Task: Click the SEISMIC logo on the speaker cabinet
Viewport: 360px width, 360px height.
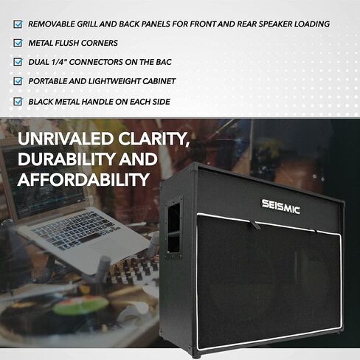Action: [x=280, y=207]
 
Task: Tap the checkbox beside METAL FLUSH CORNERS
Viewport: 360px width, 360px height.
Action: [x=18, y=43]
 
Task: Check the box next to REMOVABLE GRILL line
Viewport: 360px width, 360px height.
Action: [x=18, y=24]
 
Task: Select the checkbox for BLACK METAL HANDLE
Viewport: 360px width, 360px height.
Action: [x=18, y=101]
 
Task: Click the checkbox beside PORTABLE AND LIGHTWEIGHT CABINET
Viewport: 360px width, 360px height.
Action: [x=18, y=81]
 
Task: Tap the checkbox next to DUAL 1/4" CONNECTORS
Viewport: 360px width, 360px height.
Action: [x=18, y=62]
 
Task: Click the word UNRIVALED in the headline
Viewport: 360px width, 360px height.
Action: [x=66, y=139]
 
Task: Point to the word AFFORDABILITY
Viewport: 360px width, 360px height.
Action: [x=83, y=179]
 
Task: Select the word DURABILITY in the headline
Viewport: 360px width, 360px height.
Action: [x=66, y=159]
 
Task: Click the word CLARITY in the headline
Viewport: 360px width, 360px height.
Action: [x=153, y=139]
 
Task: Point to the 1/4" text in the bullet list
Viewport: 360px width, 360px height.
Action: [x=59, y=62]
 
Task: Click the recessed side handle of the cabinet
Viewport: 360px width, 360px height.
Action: [x=173, y=228]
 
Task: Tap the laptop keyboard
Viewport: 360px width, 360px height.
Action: [x=74, y=231]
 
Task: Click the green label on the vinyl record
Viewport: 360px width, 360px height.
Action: [x=80, y=305]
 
